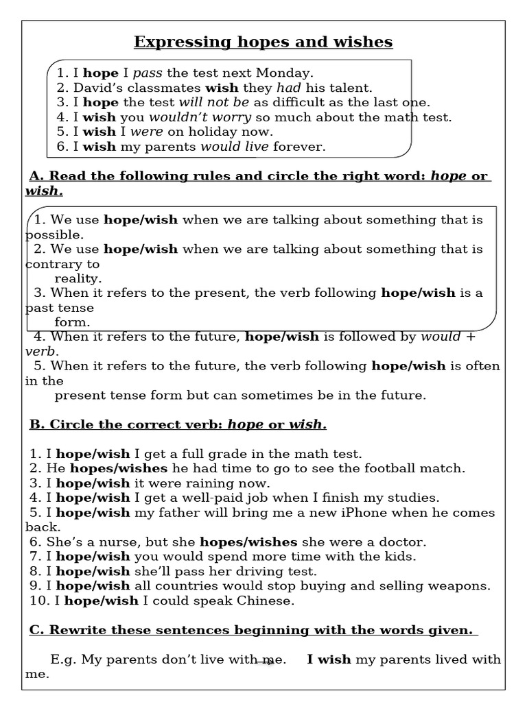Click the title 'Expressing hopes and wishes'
coord(263,43)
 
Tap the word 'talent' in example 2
coord(351,87)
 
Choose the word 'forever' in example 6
coord(299,147)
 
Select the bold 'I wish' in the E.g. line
coord(329,659)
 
